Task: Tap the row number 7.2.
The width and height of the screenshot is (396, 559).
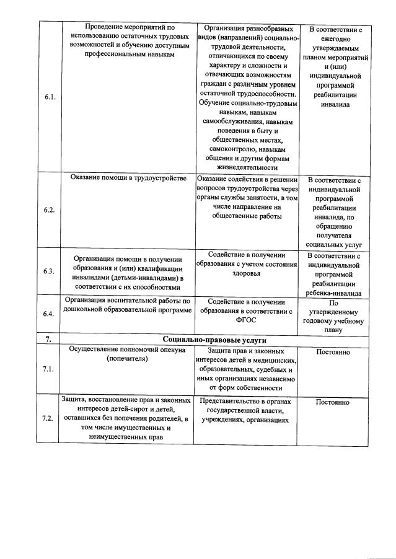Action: pos(48,418)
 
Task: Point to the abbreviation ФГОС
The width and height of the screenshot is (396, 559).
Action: pos(246,320)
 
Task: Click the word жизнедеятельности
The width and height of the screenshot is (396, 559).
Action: pos(246,167)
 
